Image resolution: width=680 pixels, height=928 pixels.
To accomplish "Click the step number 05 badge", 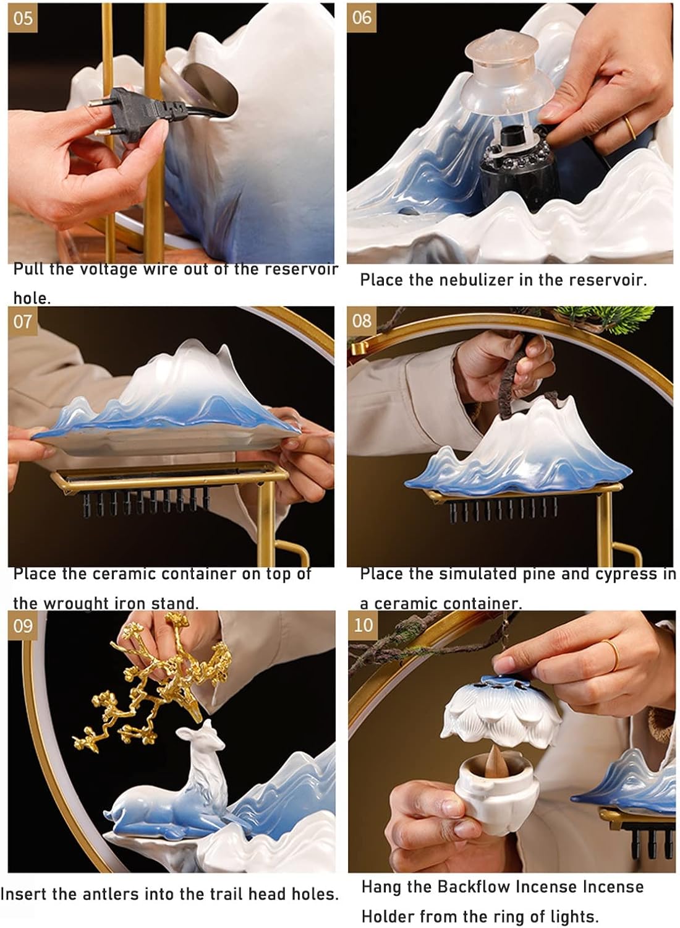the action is coord(22,18).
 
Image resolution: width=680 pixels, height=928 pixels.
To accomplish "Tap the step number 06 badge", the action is coord(361,18).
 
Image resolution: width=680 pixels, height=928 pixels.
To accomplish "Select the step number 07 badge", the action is coord(22,322).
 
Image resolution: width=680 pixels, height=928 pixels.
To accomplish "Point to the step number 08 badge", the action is coord(361,322).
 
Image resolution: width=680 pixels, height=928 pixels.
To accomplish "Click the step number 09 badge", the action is coord(22,625).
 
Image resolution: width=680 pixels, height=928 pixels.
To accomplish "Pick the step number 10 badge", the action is coord(362,625).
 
